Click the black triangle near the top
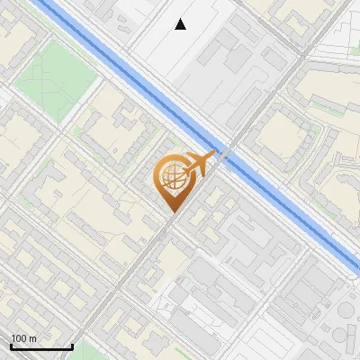(181, 24)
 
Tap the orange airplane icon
(198, 165)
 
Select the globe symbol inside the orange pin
(170, 178)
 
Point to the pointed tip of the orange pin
(171, 211)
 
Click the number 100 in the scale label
(20, 338)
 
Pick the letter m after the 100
(33, 338)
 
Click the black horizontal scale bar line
(41, 346)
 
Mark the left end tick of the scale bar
(11, 345)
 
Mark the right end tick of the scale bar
(72, 345)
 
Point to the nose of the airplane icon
(212, 157)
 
